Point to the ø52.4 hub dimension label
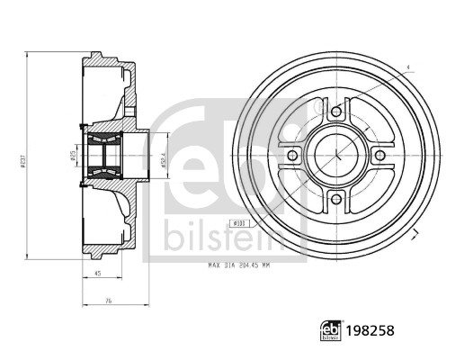pos(162,158)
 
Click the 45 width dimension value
pos(96,275)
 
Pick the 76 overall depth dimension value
pos(108,302)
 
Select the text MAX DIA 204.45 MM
pos(240,265)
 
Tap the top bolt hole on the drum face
pos(336,112)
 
